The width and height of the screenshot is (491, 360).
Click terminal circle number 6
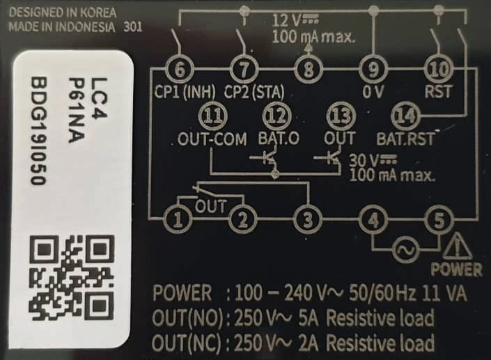[x=180, y=70]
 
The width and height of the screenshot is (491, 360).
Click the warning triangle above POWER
[x=457, y=246]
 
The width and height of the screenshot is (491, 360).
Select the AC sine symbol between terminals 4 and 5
[x=405, y=248]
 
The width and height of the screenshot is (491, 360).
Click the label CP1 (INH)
[x=185, y=91]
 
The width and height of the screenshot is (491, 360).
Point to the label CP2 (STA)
[x=251, y=91]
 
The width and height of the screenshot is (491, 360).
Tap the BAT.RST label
[x=405, y=138]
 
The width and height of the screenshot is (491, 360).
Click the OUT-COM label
[x=212, y=139]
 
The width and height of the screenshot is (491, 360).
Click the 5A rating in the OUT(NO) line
[x=305, y=319]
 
